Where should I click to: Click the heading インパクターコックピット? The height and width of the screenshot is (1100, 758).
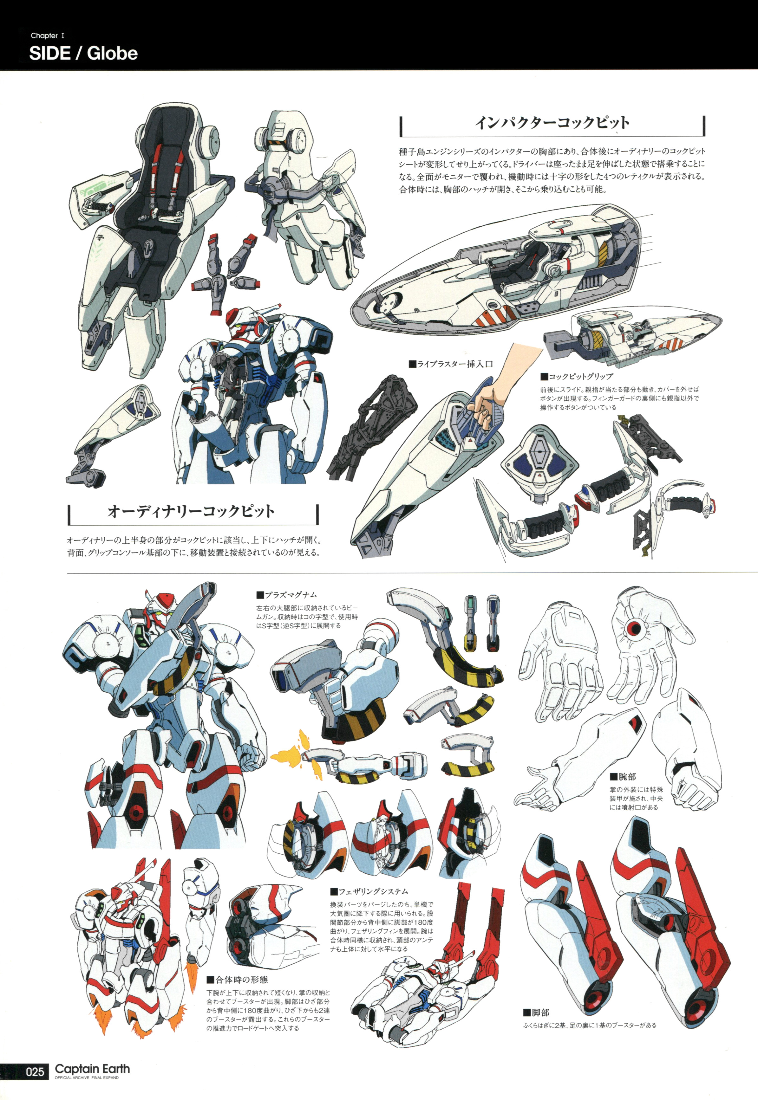tap(552, 123)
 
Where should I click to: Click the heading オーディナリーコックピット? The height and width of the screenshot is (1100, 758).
tap(191, 511)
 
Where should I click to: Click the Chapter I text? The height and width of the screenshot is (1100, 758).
tap(48, 36)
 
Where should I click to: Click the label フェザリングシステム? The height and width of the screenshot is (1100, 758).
tap(369, 892)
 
